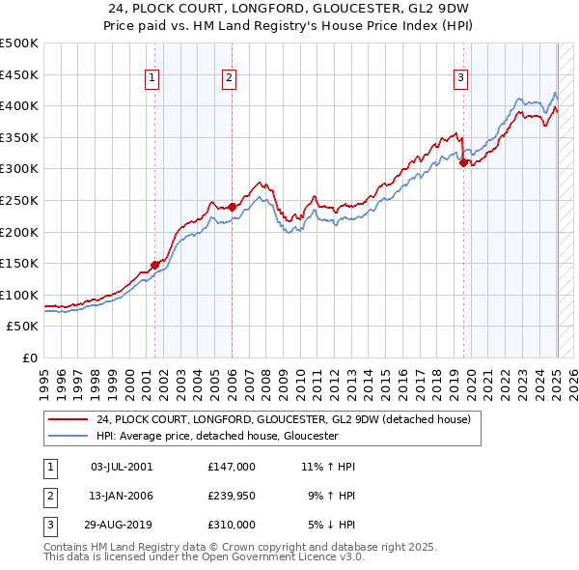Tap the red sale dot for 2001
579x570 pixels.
[x=154, y=265]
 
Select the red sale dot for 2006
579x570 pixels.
[x=233, y=206]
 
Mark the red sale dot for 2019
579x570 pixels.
[x=463, y=162]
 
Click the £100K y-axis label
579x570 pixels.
[x=19, y=295]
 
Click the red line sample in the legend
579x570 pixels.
[x=68, y=419]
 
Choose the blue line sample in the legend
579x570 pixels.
[x=68, y=436]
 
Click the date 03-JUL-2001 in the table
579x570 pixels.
[x=122, y=467]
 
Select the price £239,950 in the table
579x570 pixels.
[x=231, y=496]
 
